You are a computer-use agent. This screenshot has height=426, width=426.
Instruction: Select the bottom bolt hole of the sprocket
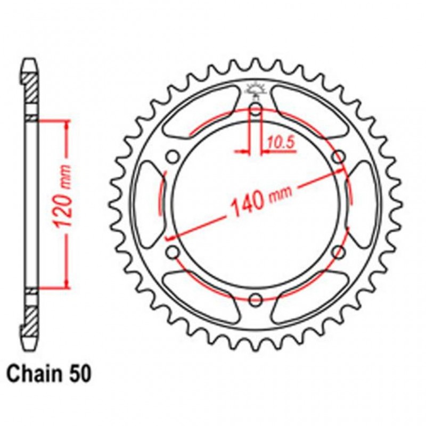pos(256,298)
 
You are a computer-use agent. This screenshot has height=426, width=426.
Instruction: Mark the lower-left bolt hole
pos(172,252)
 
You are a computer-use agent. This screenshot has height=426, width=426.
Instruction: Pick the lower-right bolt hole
pos(339,252)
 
